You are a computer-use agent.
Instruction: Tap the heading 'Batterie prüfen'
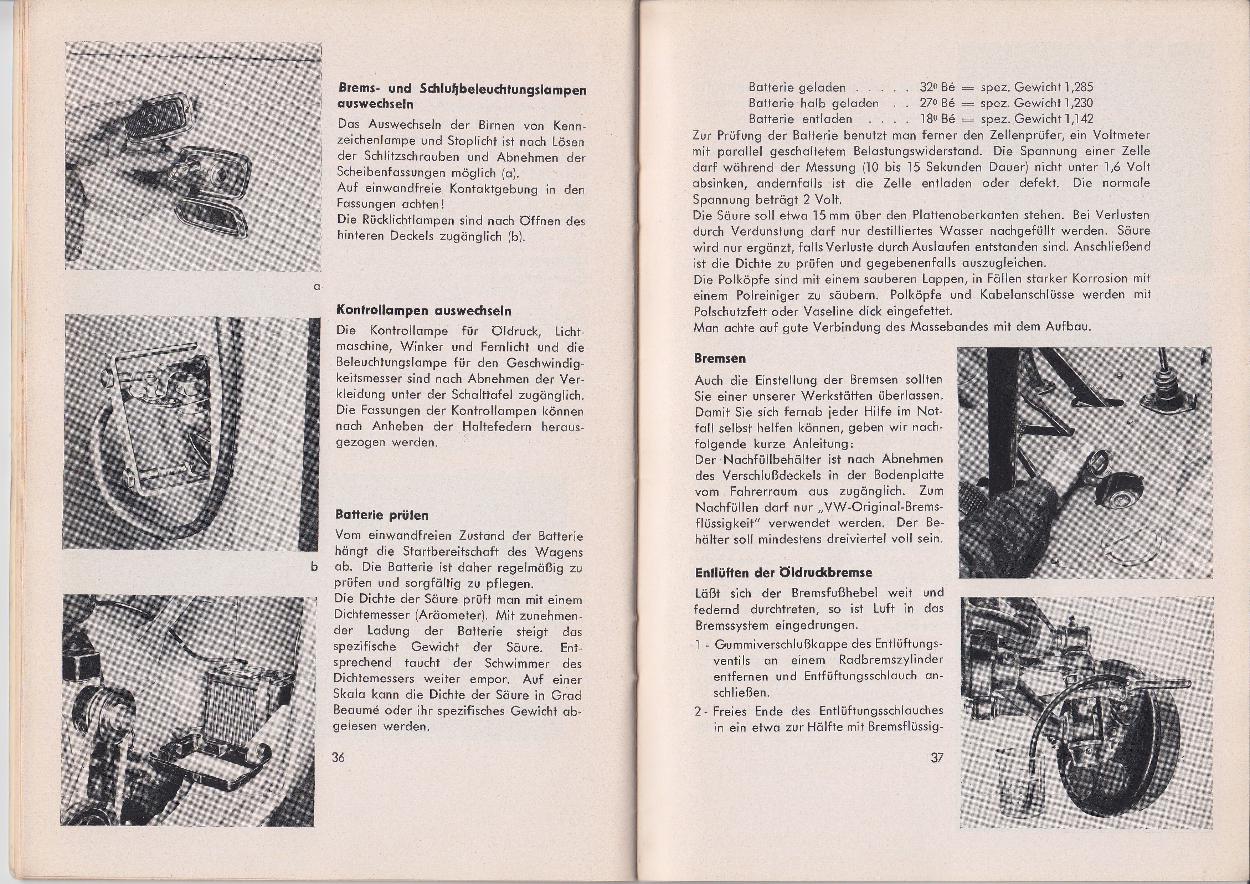tap(382, 515)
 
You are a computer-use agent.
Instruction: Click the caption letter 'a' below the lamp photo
tap(316, 286)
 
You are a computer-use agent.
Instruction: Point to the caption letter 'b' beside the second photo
tap(314, 567)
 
